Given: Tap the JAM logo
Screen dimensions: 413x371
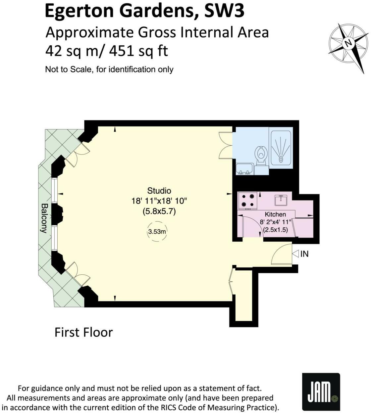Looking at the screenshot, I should coord(321,391).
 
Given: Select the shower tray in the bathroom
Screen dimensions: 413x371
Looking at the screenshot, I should coord(281,147).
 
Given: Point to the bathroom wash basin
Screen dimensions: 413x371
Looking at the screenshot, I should coord(245,169).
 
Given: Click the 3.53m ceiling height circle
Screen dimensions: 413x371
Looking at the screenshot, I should coord(157,232).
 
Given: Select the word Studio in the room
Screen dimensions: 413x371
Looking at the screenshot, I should coord(159,191).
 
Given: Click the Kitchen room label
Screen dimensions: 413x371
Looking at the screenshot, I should coord(275,214).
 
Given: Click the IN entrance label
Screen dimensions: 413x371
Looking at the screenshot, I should coord(304,254).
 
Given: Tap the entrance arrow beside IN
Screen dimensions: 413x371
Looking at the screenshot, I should coord(295,254).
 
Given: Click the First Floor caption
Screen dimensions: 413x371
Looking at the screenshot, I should coord(83,332).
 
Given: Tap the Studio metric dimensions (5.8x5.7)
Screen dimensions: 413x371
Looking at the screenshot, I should coord(159,211).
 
